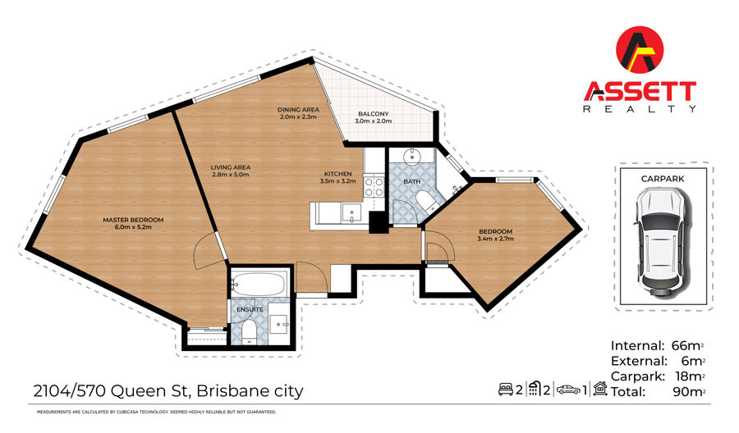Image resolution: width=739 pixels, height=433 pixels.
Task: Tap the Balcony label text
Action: pyautogui.click(x=374, y=114)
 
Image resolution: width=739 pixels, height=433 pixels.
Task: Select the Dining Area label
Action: pyautogui.click(x=298, y=110)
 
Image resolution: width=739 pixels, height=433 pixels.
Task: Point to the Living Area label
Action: pyautogui.click(x=231, y=167)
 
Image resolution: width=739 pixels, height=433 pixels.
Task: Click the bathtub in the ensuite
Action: pyautogui.click(x=259, y=284)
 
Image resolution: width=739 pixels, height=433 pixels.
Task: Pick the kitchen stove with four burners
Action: pyautogui.click(x=374, y=186)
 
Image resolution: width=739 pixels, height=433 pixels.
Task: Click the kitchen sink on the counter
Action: pyautogui.click(x=351, y=212)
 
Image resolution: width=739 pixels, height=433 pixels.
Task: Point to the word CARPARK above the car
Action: pyautogui.click(x=662, y=179)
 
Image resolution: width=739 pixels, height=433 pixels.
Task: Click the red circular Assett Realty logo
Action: pyautogui.click(x=640, y=50)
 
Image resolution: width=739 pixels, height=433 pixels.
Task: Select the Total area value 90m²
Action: pyautogui.click(x=689, y=391)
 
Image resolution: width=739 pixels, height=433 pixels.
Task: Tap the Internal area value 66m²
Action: pyautogui.click(x=687, y=346)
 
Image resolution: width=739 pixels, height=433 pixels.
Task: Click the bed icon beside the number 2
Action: pyautogui.click(x=506, y=390)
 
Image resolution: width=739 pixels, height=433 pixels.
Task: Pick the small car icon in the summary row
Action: pyautogui.click(x=569, y=390)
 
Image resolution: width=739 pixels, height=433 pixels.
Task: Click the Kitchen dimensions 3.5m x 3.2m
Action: pyautogui.click(x=338, y=180)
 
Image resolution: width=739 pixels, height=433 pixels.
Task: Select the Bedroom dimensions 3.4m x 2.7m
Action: pyautogui.click(x=495, y=239)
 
